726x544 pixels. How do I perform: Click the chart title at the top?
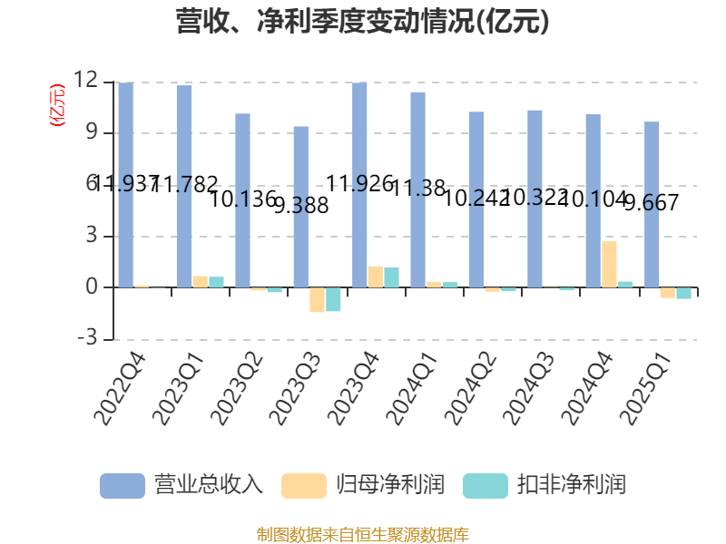click(363, 22)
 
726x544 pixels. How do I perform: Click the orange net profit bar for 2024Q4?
click(609, 264)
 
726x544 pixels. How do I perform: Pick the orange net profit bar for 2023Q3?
click(317, 300)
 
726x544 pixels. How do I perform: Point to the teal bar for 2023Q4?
click(391, 277)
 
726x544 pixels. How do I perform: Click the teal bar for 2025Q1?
click(683, 293)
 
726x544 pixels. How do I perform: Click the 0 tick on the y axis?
click(91, 287)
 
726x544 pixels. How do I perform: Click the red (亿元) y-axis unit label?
click(57, 105)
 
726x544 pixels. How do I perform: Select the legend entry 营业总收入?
click(181, 484)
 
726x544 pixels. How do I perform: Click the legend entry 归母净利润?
click(363, 484)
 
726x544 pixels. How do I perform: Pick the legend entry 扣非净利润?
click(544, 484)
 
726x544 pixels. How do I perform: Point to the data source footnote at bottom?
click(363, 534)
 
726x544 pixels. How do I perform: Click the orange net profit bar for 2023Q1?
click(200, 281)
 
